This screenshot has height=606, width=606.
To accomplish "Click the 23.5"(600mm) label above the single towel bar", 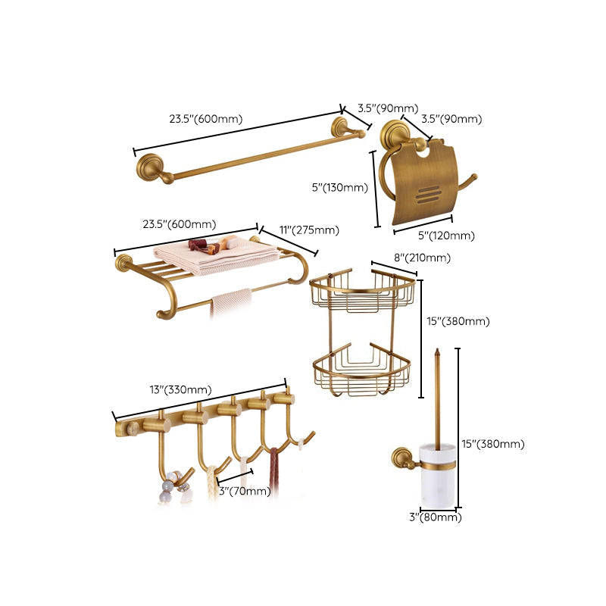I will point(205,118).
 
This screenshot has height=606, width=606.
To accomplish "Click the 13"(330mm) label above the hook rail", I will point(180,390).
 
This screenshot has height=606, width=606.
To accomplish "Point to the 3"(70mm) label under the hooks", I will point(245,491).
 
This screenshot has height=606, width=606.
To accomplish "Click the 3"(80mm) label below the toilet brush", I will point(436,517).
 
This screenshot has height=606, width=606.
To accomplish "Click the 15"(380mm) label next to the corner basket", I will point(458,321).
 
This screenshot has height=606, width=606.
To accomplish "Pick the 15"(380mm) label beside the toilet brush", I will point(493,444).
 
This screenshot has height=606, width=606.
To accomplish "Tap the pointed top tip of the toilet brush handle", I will point(437,352).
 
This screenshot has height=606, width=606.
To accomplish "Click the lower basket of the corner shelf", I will point(361,373).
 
